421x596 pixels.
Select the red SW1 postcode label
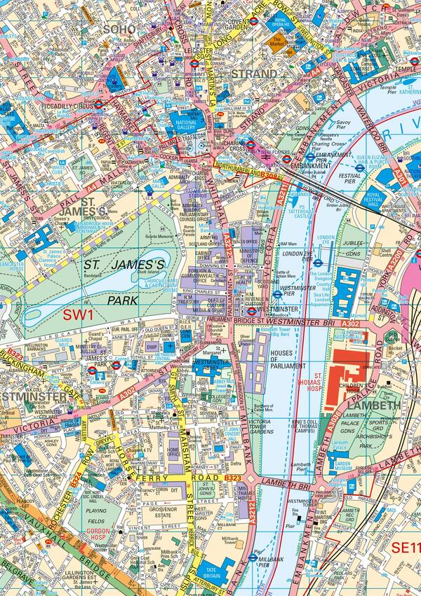[78, 314]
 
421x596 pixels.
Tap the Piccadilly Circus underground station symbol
[99, 104]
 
